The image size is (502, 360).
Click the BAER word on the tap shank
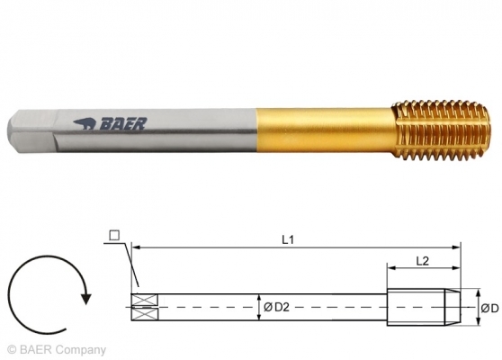pyautogui.click(x=123, y=123)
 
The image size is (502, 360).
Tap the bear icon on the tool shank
pyautogui.click(x=85, y=124)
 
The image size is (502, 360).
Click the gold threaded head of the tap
pyautogui.click(x=441, y=130)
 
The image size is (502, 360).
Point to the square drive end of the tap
pyautogui.click(x=32, y=132)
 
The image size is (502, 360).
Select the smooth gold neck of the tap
pyautogui.click(x=324, y=131)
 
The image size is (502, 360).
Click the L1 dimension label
pyautogui.click(x=288, y=239)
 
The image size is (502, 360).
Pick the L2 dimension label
pyautogui.click(x=422, y=261)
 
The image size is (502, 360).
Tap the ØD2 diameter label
pyautogui.click(x=276, y=308)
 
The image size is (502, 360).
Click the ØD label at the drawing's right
pyautogui.click(x=489, y=309)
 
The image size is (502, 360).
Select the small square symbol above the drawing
pyautogui.click(x=114, y=236)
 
